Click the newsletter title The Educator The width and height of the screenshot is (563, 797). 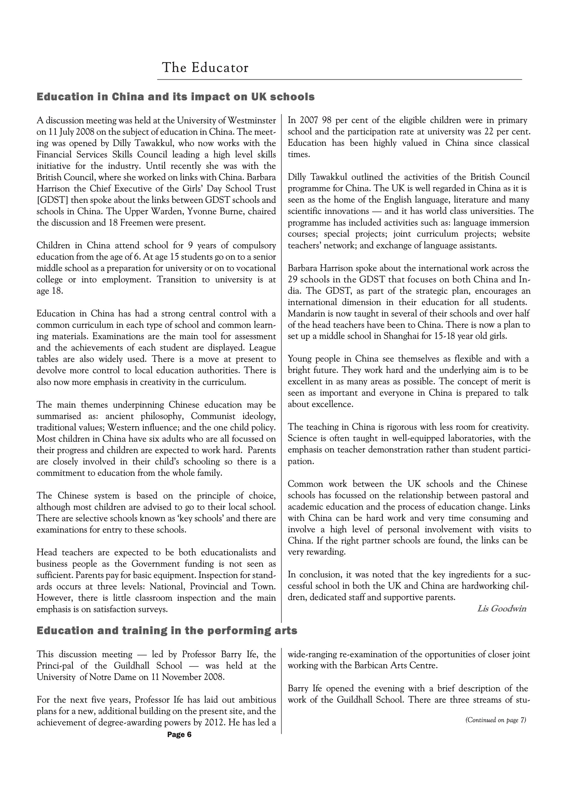[x=205, y=68]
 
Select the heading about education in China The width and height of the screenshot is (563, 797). [x=176, y=97]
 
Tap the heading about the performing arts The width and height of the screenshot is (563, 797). [x=167, y=630]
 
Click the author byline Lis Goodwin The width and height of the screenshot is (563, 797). [x=502, y=609]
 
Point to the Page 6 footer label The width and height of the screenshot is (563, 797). [x=179, y=735]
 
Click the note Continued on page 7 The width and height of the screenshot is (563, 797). [x=495, y=720]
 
